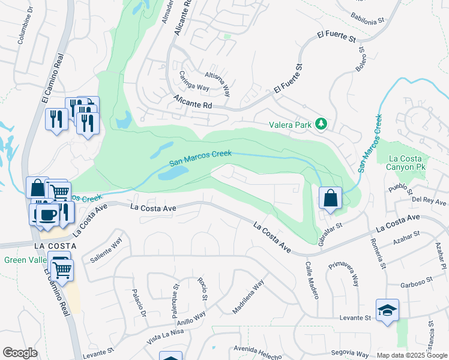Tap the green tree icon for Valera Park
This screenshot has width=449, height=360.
coord(322,124)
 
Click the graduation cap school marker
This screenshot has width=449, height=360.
coord(387,310)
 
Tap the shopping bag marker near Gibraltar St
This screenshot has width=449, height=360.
coord(330,197)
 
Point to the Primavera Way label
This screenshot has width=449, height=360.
coord(348,273)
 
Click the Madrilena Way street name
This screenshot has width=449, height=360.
coord(248,296)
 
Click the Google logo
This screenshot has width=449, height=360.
coord(20,352)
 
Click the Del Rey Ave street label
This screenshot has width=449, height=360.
coord(429,202)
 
